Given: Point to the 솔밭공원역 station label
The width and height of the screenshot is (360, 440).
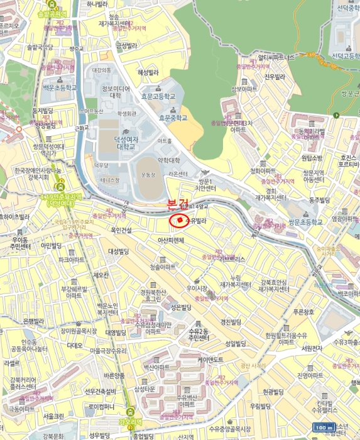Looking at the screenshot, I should click(x=52, y=13).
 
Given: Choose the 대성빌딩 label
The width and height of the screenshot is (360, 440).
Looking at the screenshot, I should click(x=118, y=251).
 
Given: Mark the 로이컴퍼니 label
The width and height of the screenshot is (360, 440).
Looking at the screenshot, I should click(x=102, y=407).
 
